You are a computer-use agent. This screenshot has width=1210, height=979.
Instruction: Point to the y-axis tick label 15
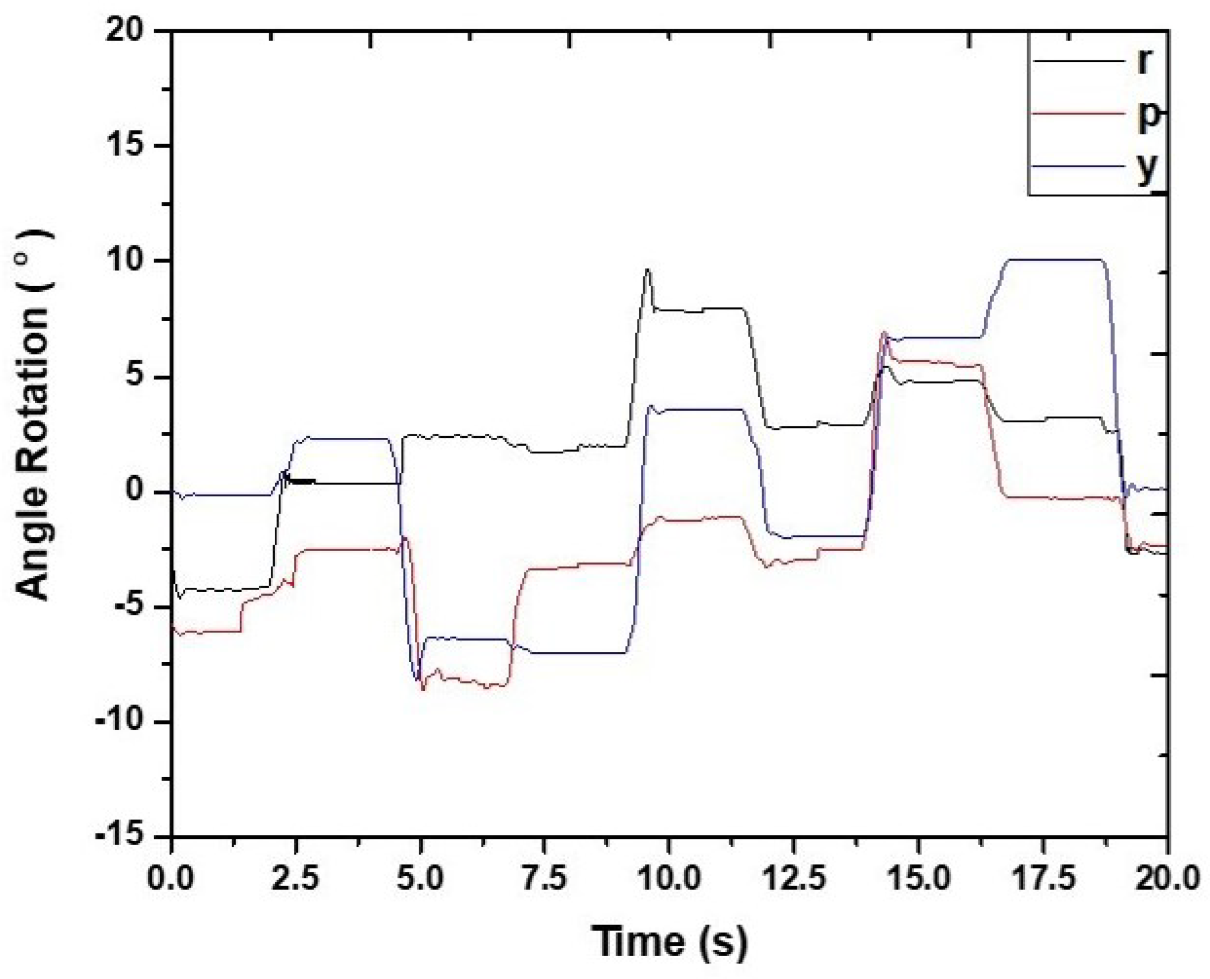tap(124, 145)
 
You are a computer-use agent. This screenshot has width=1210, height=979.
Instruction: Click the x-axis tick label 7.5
tap(544, 878)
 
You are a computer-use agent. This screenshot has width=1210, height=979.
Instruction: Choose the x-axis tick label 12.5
tap(793, 878)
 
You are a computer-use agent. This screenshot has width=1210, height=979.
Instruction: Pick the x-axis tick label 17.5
tap(1043, 878)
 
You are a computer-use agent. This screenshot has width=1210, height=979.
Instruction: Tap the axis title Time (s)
tap(670, 941)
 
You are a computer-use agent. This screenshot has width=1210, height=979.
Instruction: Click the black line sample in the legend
tap(1078, 61)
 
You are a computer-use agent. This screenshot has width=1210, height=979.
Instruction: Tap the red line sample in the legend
tap(1078, 113)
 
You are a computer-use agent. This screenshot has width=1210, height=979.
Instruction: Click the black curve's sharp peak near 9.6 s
tap(647, 269)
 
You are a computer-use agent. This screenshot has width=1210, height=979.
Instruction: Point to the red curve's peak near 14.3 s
tap(884, 333)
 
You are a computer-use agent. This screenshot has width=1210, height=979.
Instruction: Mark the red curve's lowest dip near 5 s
tap(423, 689)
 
